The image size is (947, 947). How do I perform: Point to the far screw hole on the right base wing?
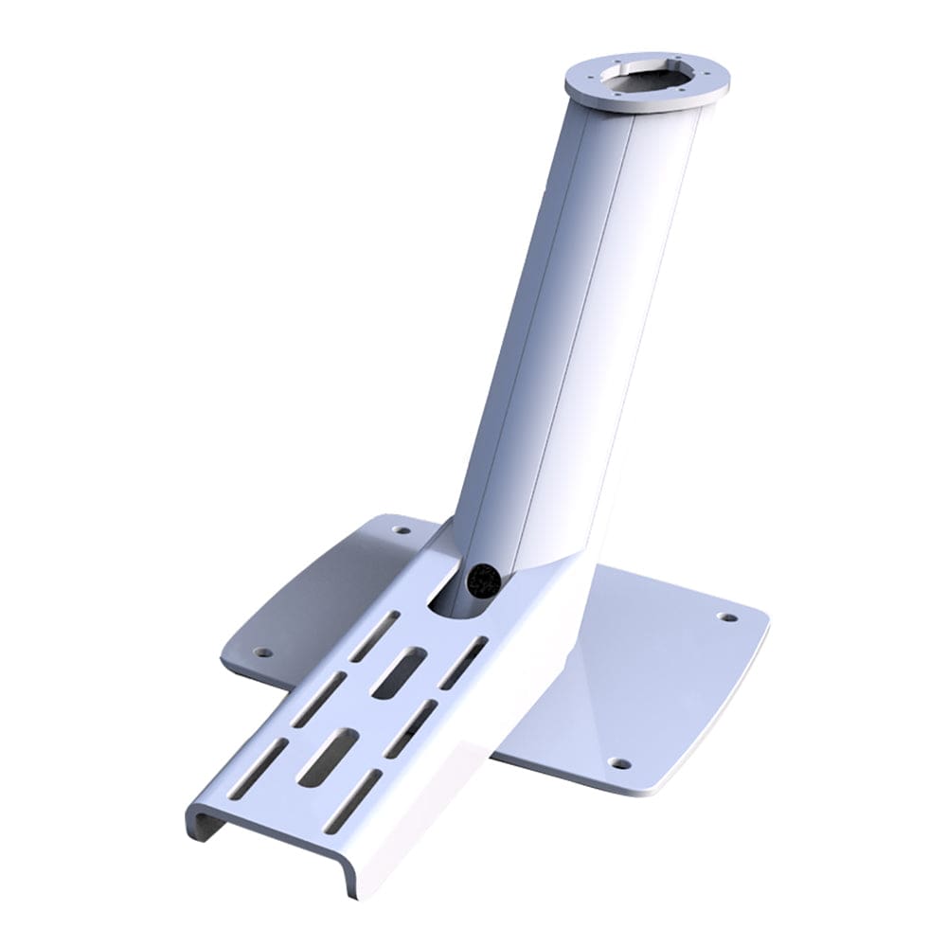pos(726,616)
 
